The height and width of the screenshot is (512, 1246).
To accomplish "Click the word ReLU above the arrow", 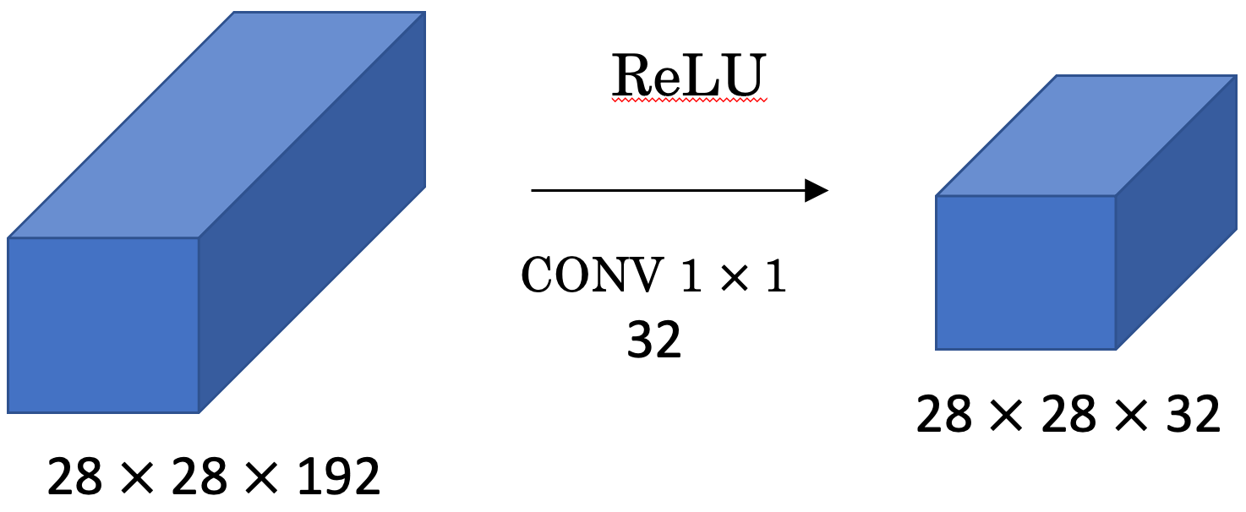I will (688, 78).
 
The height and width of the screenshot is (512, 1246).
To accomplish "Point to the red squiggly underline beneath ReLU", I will (688, 100).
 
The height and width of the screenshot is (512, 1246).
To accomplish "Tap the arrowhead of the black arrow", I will (816, 191).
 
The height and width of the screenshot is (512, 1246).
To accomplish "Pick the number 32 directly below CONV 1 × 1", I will (653, 340).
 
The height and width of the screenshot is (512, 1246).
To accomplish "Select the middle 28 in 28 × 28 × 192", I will (199, 478).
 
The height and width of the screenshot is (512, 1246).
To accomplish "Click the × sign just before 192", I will (264, 479).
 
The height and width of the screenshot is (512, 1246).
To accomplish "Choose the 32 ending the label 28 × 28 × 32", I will (1188, 415).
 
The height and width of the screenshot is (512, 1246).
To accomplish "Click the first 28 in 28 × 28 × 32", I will (944, 415).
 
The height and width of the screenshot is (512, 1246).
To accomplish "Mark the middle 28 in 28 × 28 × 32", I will (1068, 415).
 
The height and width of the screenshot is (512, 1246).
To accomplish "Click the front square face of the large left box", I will (103, 325).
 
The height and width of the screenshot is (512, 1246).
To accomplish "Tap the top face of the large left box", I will (216, 125).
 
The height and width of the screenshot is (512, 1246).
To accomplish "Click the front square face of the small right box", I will (1025, 272).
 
